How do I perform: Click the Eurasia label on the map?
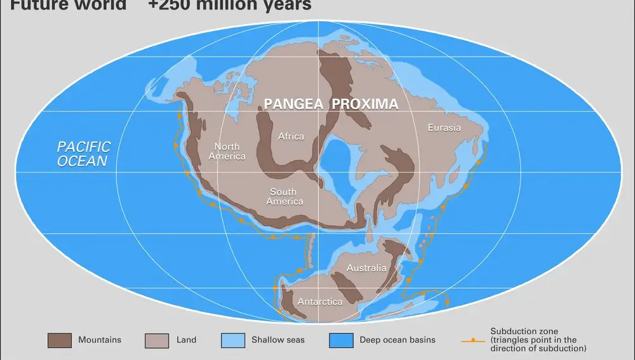click(444, 128)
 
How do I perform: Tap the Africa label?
click(291, 136)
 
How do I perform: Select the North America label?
click(227, 152)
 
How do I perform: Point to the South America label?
click(284, 197)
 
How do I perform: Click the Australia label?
click(366, 268)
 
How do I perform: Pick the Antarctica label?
click(320, 302)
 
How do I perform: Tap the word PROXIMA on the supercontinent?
click(364, 104)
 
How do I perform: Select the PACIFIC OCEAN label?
click(83, 154)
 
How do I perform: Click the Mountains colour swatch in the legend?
click(60, 340)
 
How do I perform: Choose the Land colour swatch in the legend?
click(157, 340)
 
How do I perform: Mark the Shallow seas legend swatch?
click(233, 340)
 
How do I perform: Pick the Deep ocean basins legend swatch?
click(341, 340)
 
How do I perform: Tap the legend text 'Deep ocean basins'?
click(398, 340)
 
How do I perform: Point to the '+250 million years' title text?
click(230, 6)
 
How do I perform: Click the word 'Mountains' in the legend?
click(100, 340)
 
